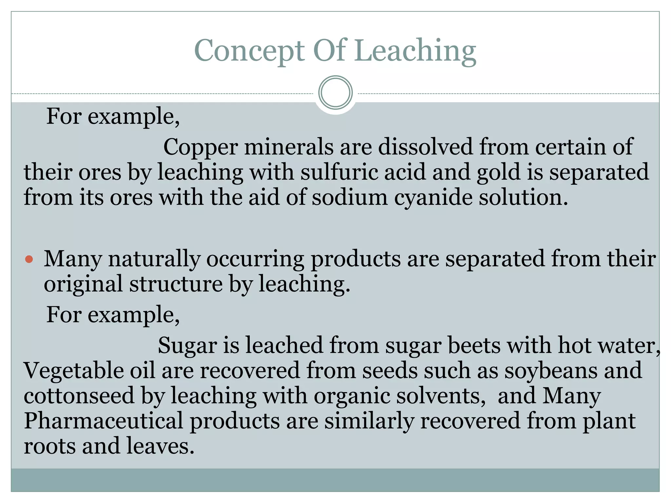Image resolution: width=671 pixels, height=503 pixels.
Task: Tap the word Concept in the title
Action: pyautogui.click(x=250, y=51)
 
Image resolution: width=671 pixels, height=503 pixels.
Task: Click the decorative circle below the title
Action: pyautogui.click(x=335, y=93)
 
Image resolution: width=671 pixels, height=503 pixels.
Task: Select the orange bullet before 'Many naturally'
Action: pyautogui.click(x=29, y=259)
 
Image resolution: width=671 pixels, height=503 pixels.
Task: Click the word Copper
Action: pyautogui.click(x=200, y=147)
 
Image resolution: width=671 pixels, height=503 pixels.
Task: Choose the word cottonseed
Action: pyautogui.click(x=79, y=396)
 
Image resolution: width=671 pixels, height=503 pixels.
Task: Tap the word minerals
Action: pyautogui.click(x=289, y=147)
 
